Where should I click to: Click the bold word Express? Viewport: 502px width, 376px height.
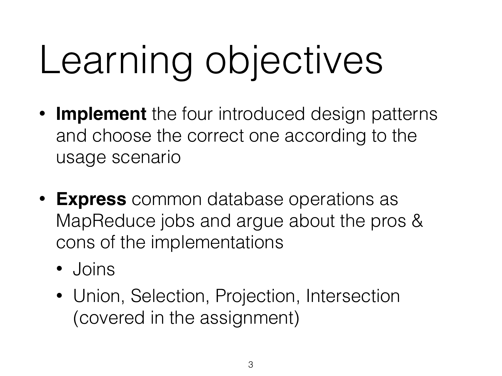(x=91, y=199)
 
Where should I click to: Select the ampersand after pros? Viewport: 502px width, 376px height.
(x=417, y=221)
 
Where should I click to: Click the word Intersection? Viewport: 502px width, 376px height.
(x=353, y=296)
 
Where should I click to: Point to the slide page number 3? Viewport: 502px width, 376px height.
(x=251, y=365)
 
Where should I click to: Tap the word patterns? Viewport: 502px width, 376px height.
(x=404, y=115)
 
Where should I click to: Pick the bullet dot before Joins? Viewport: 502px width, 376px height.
(x=59, y=269)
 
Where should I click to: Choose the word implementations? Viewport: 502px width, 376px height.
(x=217, y=243)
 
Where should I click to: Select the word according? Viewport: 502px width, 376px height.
(x=325, y=136)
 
